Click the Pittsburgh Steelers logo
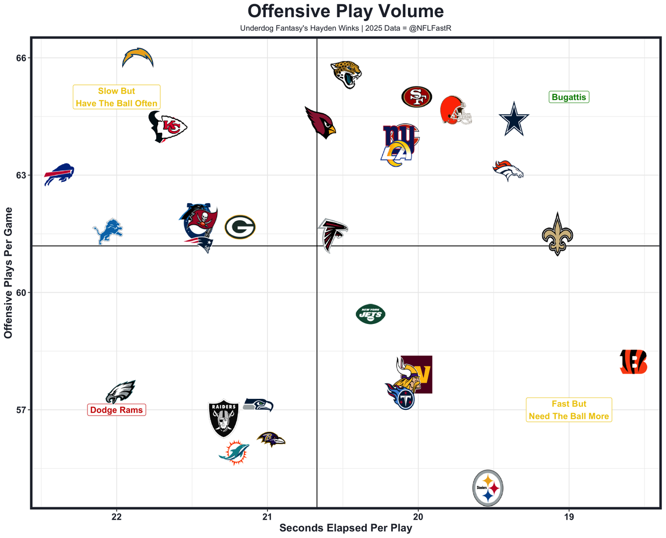click(488, 488)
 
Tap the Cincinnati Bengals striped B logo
click(633, 362)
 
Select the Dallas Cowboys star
click(514, 119)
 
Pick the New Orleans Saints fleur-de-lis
click(557, 235)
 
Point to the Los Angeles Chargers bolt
click(138, 58)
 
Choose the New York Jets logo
click(370, 314)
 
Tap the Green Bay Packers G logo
click(240, 227)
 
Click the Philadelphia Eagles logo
click(121, 392)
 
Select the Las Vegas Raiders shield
click(224, 418)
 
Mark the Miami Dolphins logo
click(234, 452)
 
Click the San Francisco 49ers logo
click(417, 97)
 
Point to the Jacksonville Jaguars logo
click(346, 74)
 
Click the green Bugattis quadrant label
click(569, 97)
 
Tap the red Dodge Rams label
click(117, 410)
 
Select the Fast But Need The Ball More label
click(569, 410)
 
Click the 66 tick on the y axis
click(20, 58)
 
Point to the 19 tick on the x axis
click(569, 517)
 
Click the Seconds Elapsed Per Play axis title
click(345, 528)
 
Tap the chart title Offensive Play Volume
click(345, 11)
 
